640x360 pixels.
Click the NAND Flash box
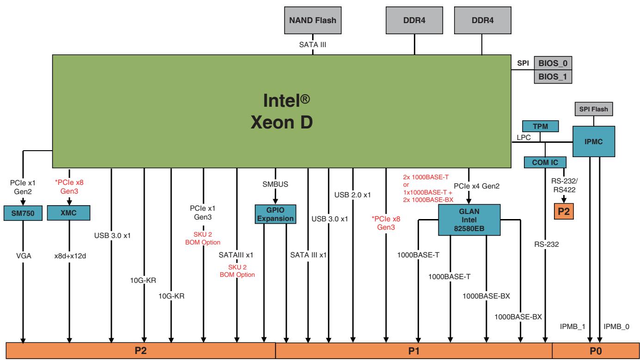[x=313, y=20]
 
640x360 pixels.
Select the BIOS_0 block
[x=553, y=63]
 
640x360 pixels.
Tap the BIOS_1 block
[x=553, y=77]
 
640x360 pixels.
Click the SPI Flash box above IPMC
[x=593, y=109]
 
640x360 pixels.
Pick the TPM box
[x=540, y=126]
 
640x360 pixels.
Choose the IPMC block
[x=594, y=141]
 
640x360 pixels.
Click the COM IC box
[x=545, y=163]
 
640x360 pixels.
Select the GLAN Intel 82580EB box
[x=469, y=220]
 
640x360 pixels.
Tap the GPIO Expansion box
[x=276, y=214]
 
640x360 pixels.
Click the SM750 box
[x=23, y=213]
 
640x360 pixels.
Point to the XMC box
[x=68, y=213]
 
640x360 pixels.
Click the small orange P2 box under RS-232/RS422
[x=564, y=211]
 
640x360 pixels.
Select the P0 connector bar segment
[x=596, y=351]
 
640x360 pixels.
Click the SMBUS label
[x=275, y=184]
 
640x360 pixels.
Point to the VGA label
[x=24, y=256]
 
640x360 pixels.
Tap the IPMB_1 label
[x=572, y=326]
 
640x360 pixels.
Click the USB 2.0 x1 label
[x=352, y=195]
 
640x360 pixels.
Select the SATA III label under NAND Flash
[x=313, y=44]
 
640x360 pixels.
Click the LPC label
[x=523, y=138]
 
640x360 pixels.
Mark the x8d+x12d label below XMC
[x=70, y=256]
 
